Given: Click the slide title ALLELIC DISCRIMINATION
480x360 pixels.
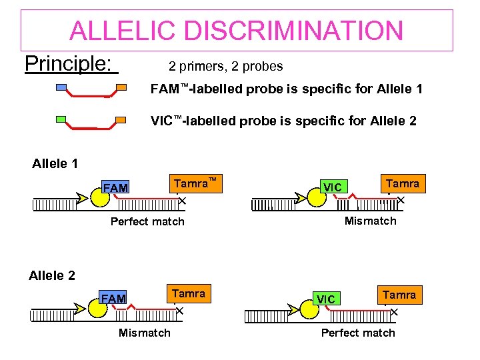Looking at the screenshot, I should [237, 31].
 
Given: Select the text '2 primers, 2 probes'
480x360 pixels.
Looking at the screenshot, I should [226, 67].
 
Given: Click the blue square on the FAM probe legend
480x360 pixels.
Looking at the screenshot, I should [61, 87].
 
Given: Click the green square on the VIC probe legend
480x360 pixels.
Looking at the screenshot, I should [61, 120].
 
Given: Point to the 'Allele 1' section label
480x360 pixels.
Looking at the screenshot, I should [55, 163].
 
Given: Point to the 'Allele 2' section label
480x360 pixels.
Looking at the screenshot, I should [52, 275].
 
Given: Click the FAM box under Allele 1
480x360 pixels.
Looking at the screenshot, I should [115, 189].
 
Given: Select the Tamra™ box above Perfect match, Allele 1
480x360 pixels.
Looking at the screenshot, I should [195, 183].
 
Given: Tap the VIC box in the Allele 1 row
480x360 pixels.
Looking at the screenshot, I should [332, 187].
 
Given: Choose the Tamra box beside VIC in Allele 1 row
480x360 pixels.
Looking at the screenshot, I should [402, 183].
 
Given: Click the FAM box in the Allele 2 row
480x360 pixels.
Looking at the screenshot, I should [113, 299].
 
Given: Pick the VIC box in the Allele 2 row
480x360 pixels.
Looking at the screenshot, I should [326, 299].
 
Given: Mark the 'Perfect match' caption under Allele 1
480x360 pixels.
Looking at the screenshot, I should [147, 221].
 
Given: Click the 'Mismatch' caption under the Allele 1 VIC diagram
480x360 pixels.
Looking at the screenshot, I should [370, 221].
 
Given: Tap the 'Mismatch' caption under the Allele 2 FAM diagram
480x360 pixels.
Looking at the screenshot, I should [144, 333].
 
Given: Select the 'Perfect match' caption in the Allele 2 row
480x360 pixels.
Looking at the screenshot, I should [358, 333].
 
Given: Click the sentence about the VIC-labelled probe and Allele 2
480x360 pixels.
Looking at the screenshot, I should [283, 121].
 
